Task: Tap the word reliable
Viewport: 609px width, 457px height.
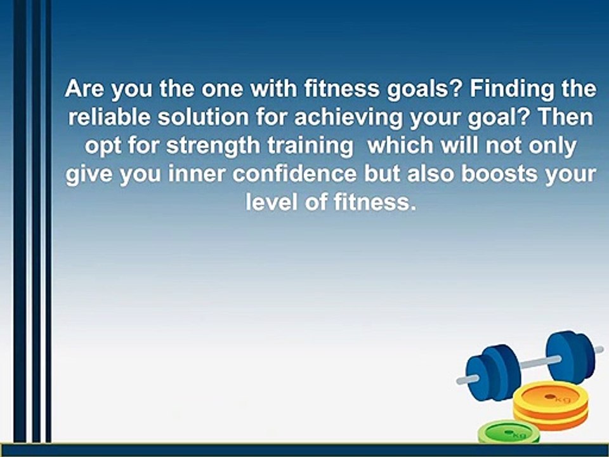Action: pos(108,117)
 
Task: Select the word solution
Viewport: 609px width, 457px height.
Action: pos(203,117)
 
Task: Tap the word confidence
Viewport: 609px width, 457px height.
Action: pos(294,173)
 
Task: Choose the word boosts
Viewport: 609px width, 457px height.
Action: pos(499,173)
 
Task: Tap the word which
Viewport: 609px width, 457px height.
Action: pos(400,145)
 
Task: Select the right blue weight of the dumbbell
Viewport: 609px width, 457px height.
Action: pos(570,357)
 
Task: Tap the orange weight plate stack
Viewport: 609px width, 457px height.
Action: pos(551,406)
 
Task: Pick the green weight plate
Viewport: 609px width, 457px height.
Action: pos(508,433)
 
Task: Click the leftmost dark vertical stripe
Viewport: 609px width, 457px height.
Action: pos(20,221)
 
